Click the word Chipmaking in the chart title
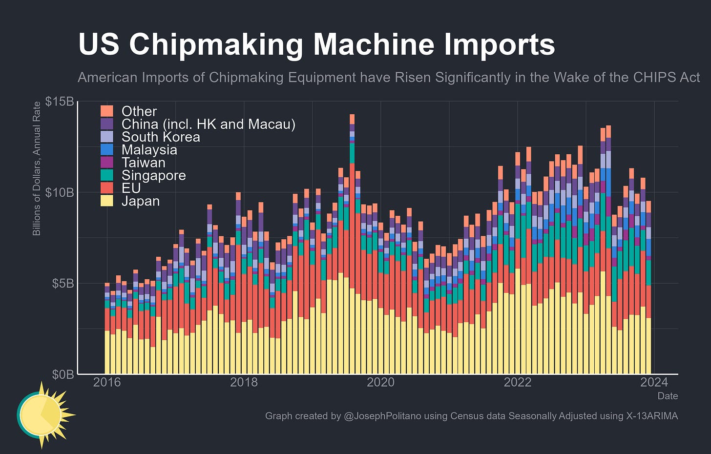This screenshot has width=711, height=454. click(x=216, y=44)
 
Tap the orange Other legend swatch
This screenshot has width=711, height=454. click(x=106, y=111)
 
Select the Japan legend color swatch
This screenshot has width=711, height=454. click(x=106, y=201)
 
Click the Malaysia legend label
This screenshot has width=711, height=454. click(x=149, y=150)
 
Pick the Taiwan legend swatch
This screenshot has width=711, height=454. click(x=106, y=163)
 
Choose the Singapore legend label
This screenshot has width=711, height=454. click(x=154, y=175)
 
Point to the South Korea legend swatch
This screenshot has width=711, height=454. click(x=106, y=137)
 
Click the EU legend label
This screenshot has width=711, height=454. click(x=131, y=188)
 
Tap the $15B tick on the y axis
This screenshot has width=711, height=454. click(x=60, y=102)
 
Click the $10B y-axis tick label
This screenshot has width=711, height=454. click(x=60, y=192)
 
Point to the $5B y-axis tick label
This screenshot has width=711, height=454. click(x=63, y=283)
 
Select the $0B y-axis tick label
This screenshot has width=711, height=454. click(x=63, y=374)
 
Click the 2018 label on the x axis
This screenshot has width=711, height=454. click(x=244, y=382)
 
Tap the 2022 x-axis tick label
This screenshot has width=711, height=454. click(x=518, y=382)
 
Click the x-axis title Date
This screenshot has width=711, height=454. click(x=668, y=396)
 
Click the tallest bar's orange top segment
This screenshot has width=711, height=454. click(x=352, y=119)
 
